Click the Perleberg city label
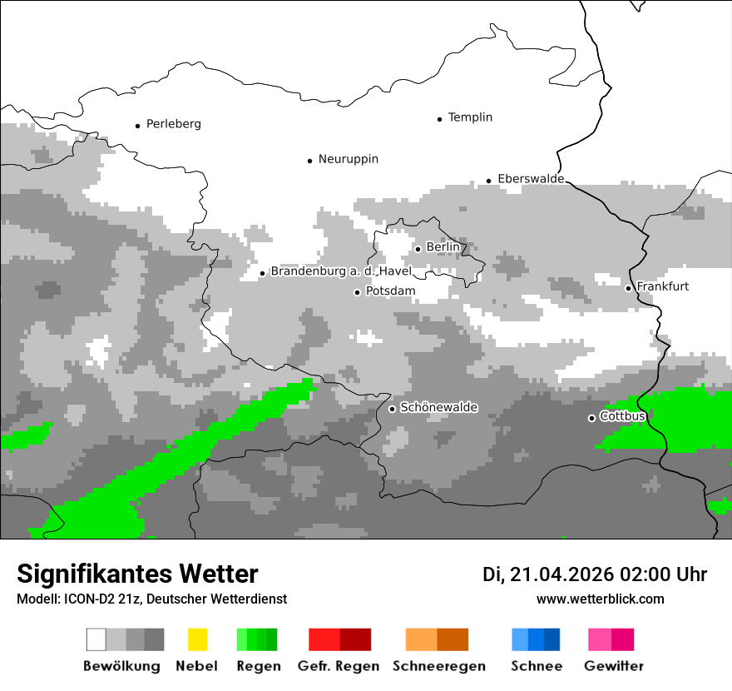tap(173, 124)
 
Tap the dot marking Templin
tap(439, 119)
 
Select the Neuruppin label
tap(348, 159)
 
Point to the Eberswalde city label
tap(531, 179)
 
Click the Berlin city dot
tap(418, 249)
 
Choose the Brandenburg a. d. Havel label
tap(341, 271)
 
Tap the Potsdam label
tap(390, 291)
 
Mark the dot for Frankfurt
tap(628, 288)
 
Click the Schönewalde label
tap(438, 407)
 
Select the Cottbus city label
tap(622, 415)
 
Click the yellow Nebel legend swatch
tap(197, 639)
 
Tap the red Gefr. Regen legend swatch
tap(339, 639)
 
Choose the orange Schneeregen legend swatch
tap(438, 639)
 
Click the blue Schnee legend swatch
tap(536, 639)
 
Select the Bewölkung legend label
tap(121, 666)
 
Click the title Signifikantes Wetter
tap(137, 574)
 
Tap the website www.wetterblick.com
tap(600, 599)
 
